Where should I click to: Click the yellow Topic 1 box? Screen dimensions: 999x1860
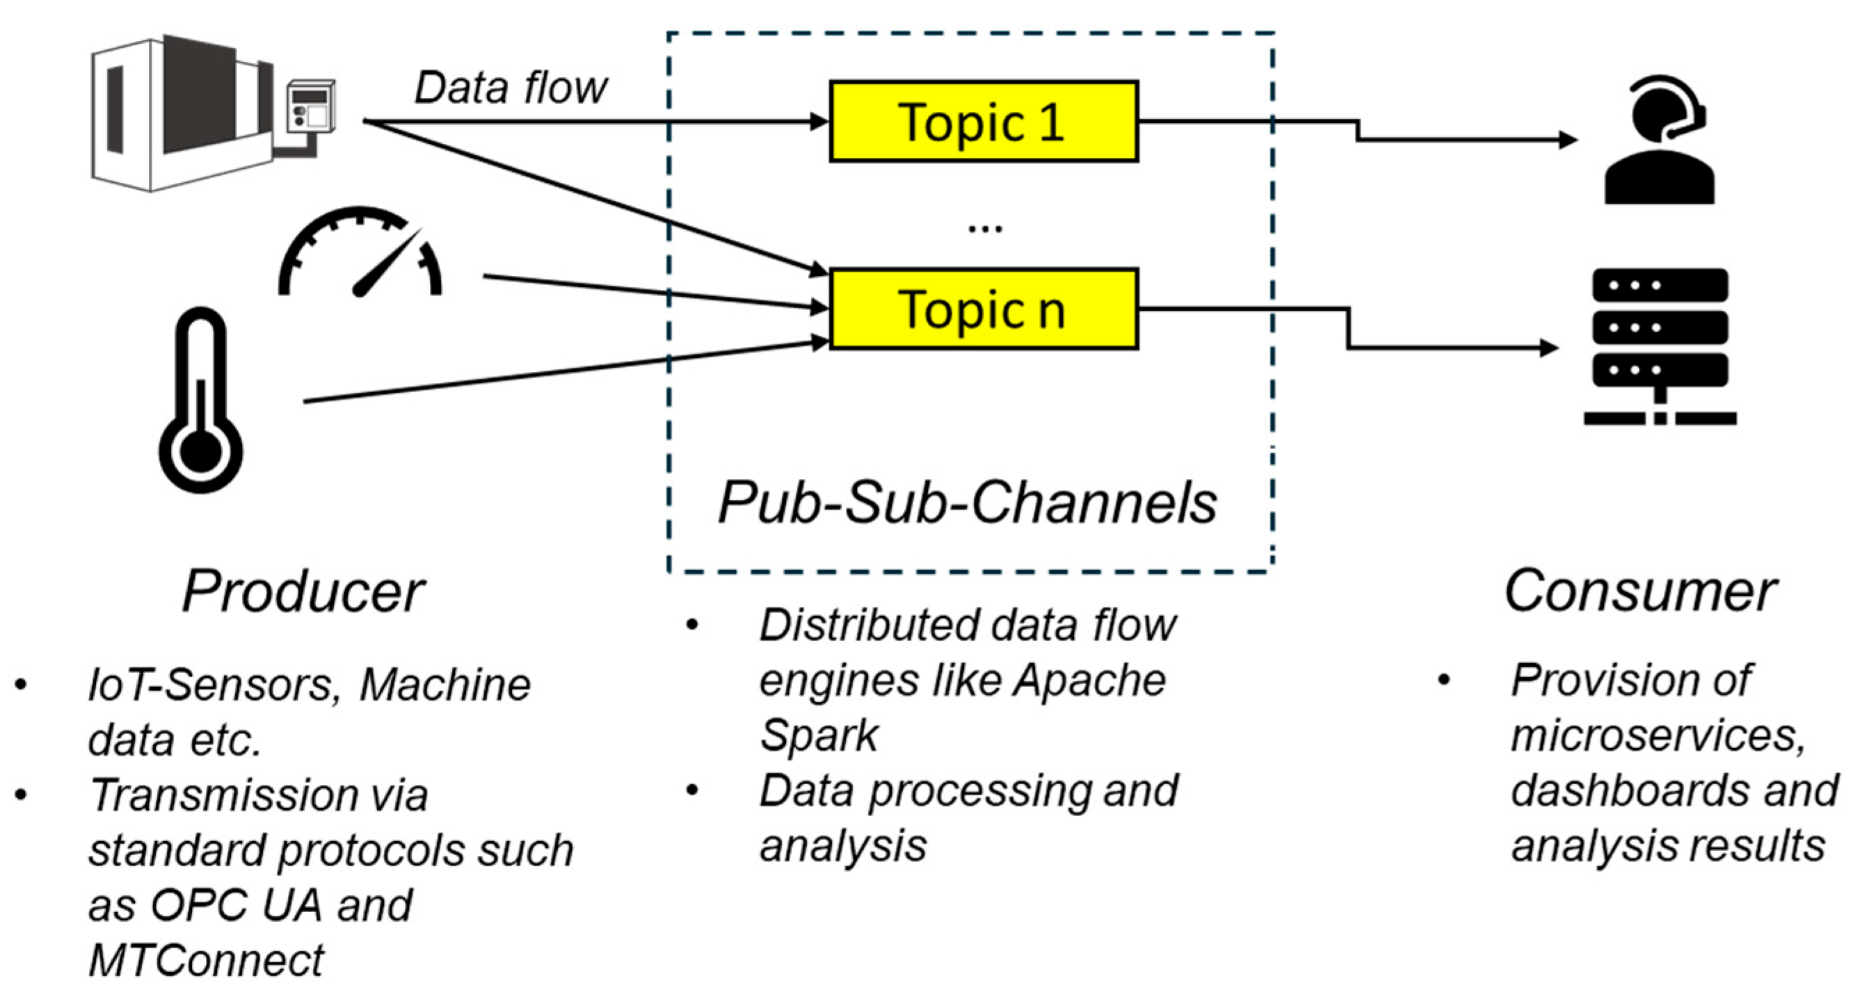click(984, 121)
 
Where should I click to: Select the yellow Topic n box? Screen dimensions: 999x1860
click(984, 309)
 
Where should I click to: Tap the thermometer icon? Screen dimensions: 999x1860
click(201, 400)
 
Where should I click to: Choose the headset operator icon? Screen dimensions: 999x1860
click(1659, 140)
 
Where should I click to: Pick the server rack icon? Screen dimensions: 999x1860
click(1660, 346)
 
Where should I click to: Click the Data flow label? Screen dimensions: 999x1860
click(511, 88)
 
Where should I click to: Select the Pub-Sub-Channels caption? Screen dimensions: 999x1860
click(968, 503)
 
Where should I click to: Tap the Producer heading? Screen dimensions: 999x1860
click(303, 592)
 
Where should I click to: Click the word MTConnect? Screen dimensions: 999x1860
click(207, 961)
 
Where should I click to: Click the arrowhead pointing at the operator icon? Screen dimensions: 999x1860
click(1568, 139)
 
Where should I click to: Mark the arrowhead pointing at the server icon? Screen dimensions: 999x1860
click(1550, 348)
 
